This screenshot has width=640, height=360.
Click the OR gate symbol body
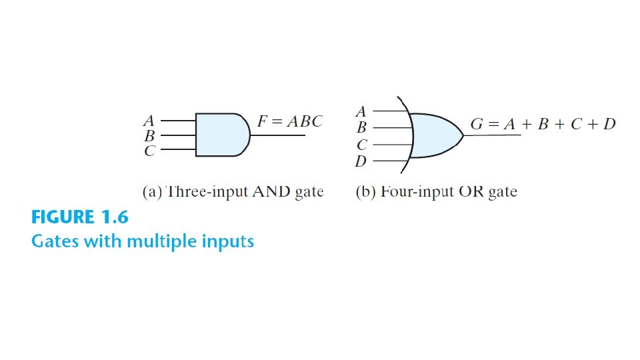click(x=433, y=135)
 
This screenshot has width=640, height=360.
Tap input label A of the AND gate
click(x=149, y=121)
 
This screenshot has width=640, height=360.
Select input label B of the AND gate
click(x=149, y=136)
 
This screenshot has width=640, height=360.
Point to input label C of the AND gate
click(x=149, y=151)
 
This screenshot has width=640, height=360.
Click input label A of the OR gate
click(x=361, y=111)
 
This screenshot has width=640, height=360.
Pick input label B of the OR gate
click(x=361, y=127)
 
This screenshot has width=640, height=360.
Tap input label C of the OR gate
click(x=361, y=145)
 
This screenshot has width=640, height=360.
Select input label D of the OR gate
click(x=361, y=161)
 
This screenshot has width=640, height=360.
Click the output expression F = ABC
click(x=289, y=121)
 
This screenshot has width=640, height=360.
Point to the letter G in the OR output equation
click(x=477, y=124)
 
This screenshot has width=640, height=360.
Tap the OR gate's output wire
click(x=493, y=135)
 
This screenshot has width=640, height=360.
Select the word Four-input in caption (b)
click(x=413, y=192)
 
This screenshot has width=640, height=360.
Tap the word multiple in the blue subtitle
click(x=166, y=241)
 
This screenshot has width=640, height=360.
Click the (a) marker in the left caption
click(x=152, y=192)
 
